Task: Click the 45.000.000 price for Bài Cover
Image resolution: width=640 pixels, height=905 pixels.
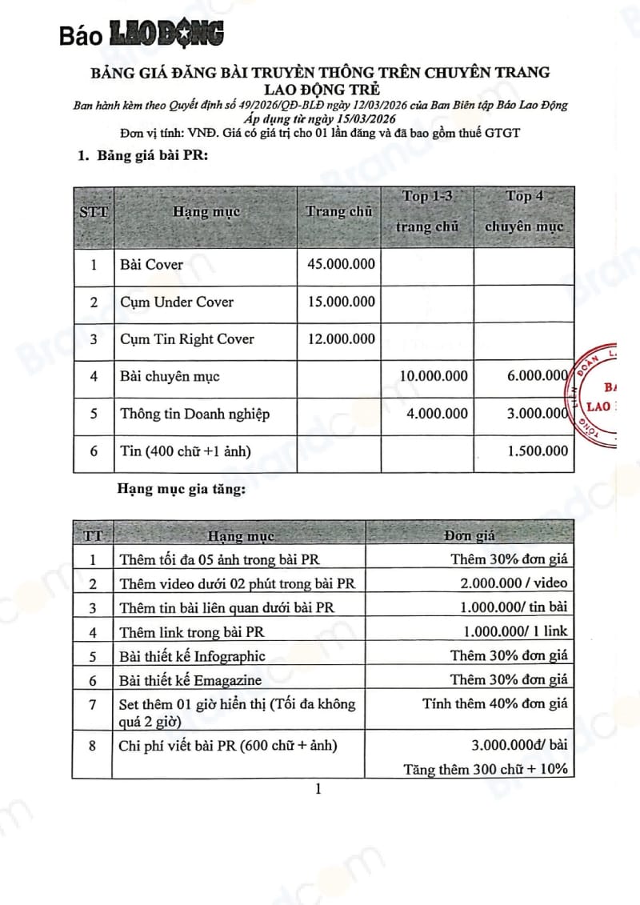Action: pyautogui.click(x=341, y=264)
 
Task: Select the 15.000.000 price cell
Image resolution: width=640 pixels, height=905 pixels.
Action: pyautogui.click(x=341, y=302)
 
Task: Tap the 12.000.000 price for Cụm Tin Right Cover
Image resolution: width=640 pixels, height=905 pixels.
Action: pyautogui.click(x=341, y=338)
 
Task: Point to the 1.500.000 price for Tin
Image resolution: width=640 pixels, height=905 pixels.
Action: pyautogui.click(x=538, y=451)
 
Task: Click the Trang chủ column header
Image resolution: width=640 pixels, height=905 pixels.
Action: pyautogui.click(x=339, y=212)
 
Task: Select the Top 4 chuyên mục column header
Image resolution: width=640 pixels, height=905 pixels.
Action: pyautogui.click(x=524, y=211)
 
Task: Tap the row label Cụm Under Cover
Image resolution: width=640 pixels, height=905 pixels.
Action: pyautogui.click(x=177, y=302)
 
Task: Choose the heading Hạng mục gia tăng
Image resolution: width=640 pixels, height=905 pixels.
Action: pyautogui.click(x=181, y=488)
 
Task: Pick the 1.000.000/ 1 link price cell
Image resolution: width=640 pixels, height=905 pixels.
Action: pyautogui.click(x=515, y=631)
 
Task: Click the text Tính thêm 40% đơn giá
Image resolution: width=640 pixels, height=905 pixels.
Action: pyautogui.click(x=495, y=704)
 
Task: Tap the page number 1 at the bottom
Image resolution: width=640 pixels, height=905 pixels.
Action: pyautogui.click(x=318, y=790)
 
